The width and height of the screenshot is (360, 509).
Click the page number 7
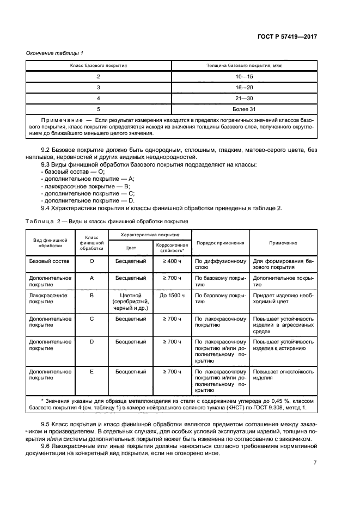315,463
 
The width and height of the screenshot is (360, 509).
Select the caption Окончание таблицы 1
55,53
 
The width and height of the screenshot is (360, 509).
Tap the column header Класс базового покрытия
99,66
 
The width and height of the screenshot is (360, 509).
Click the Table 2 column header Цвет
130,247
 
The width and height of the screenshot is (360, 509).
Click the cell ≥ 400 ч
172,261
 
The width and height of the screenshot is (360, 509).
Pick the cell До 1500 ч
172,296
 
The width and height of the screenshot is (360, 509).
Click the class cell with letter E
91,372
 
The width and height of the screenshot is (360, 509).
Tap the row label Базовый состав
47,261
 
